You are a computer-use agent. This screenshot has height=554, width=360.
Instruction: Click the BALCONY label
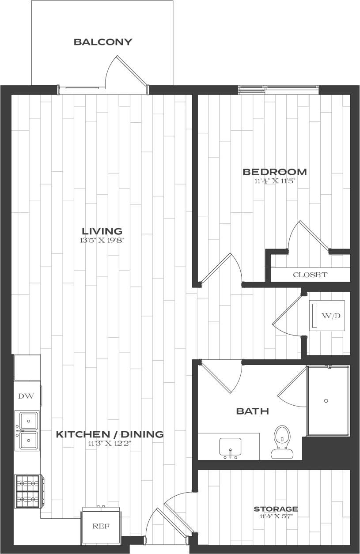(x=103, y=42)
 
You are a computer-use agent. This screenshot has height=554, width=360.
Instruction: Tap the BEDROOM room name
(x=275, y=172)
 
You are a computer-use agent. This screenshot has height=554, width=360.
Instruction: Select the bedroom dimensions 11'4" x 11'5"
(x=275, y=181)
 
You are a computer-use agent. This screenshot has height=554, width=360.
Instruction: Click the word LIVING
(x=102, y=231)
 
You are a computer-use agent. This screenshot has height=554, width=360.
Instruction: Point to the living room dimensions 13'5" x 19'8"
(x=102, y=241)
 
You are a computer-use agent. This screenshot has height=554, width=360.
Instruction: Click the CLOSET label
(x=310, y=275)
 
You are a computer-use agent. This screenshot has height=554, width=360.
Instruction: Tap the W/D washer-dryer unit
(x=327, y=316)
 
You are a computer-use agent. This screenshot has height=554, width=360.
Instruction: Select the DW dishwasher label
(x=23, y=396)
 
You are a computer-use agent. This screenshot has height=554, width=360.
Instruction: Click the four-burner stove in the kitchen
(x=28, y=491)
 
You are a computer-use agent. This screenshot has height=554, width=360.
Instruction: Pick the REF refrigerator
(x=101, y=527)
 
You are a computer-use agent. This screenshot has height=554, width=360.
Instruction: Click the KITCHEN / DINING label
(x=110, y=434)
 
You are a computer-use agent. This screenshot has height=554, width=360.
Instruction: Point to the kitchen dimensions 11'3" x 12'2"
(x=110, y=443)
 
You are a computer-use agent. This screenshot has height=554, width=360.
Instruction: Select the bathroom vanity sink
(x=230, y=447)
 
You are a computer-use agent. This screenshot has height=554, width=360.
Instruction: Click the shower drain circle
(x=326, y=401)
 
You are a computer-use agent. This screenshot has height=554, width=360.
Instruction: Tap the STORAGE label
(x=276, y=509)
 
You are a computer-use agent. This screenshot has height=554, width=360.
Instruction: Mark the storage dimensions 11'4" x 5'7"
(x=276, y=516)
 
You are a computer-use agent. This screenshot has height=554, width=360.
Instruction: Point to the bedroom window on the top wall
(x=278, y=90)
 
